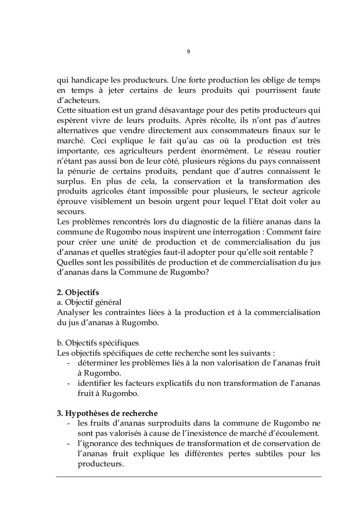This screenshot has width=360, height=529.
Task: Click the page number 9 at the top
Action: pos(188,51)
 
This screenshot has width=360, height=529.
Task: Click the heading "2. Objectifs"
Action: pos(78,292)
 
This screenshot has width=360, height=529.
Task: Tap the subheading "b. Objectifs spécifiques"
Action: pos(97,343)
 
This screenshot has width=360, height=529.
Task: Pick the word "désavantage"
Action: pos(164,111)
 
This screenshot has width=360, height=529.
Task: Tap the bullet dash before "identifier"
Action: pos(69,383)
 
